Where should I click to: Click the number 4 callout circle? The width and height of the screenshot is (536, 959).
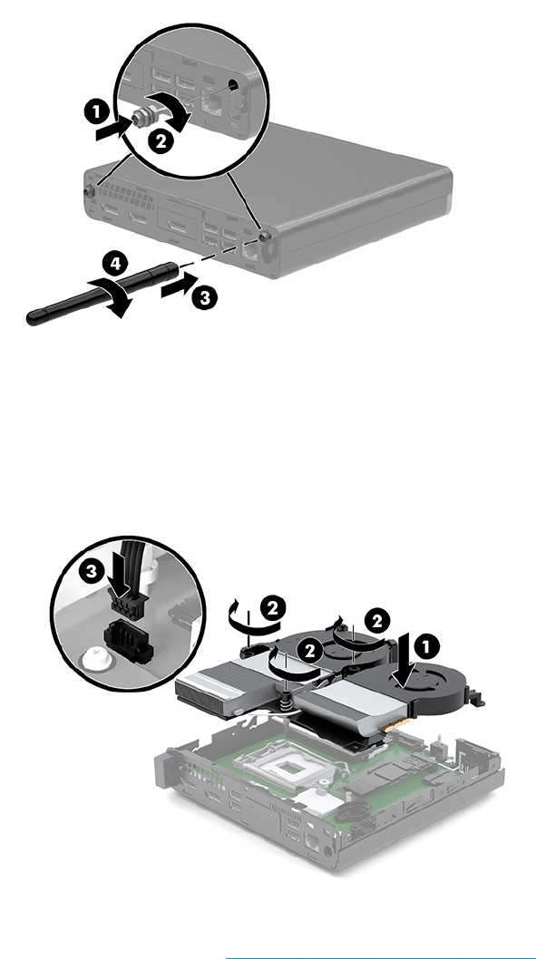(115, 264)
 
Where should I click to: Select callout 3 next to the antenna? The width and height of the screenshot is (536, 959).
(204, 298)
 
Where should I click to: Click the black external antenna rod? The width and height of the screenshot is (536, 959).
(102, 293)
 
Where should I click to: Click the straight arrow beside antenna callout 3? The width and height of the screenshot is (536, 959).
(180, 286)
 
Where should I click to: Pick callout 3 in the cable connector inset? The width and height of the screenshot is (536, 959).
(92, 571)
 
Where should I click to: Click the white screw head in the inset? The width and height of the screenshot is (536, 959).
(94, 658)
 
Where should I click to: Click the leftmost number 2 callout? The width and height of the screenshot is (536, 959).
(272, 608)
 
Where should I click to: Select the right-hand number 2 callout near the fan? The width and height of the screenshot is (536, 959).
(377, 621)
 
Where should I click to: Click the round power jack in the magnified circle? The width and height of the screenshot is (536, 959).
(234, 86)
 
